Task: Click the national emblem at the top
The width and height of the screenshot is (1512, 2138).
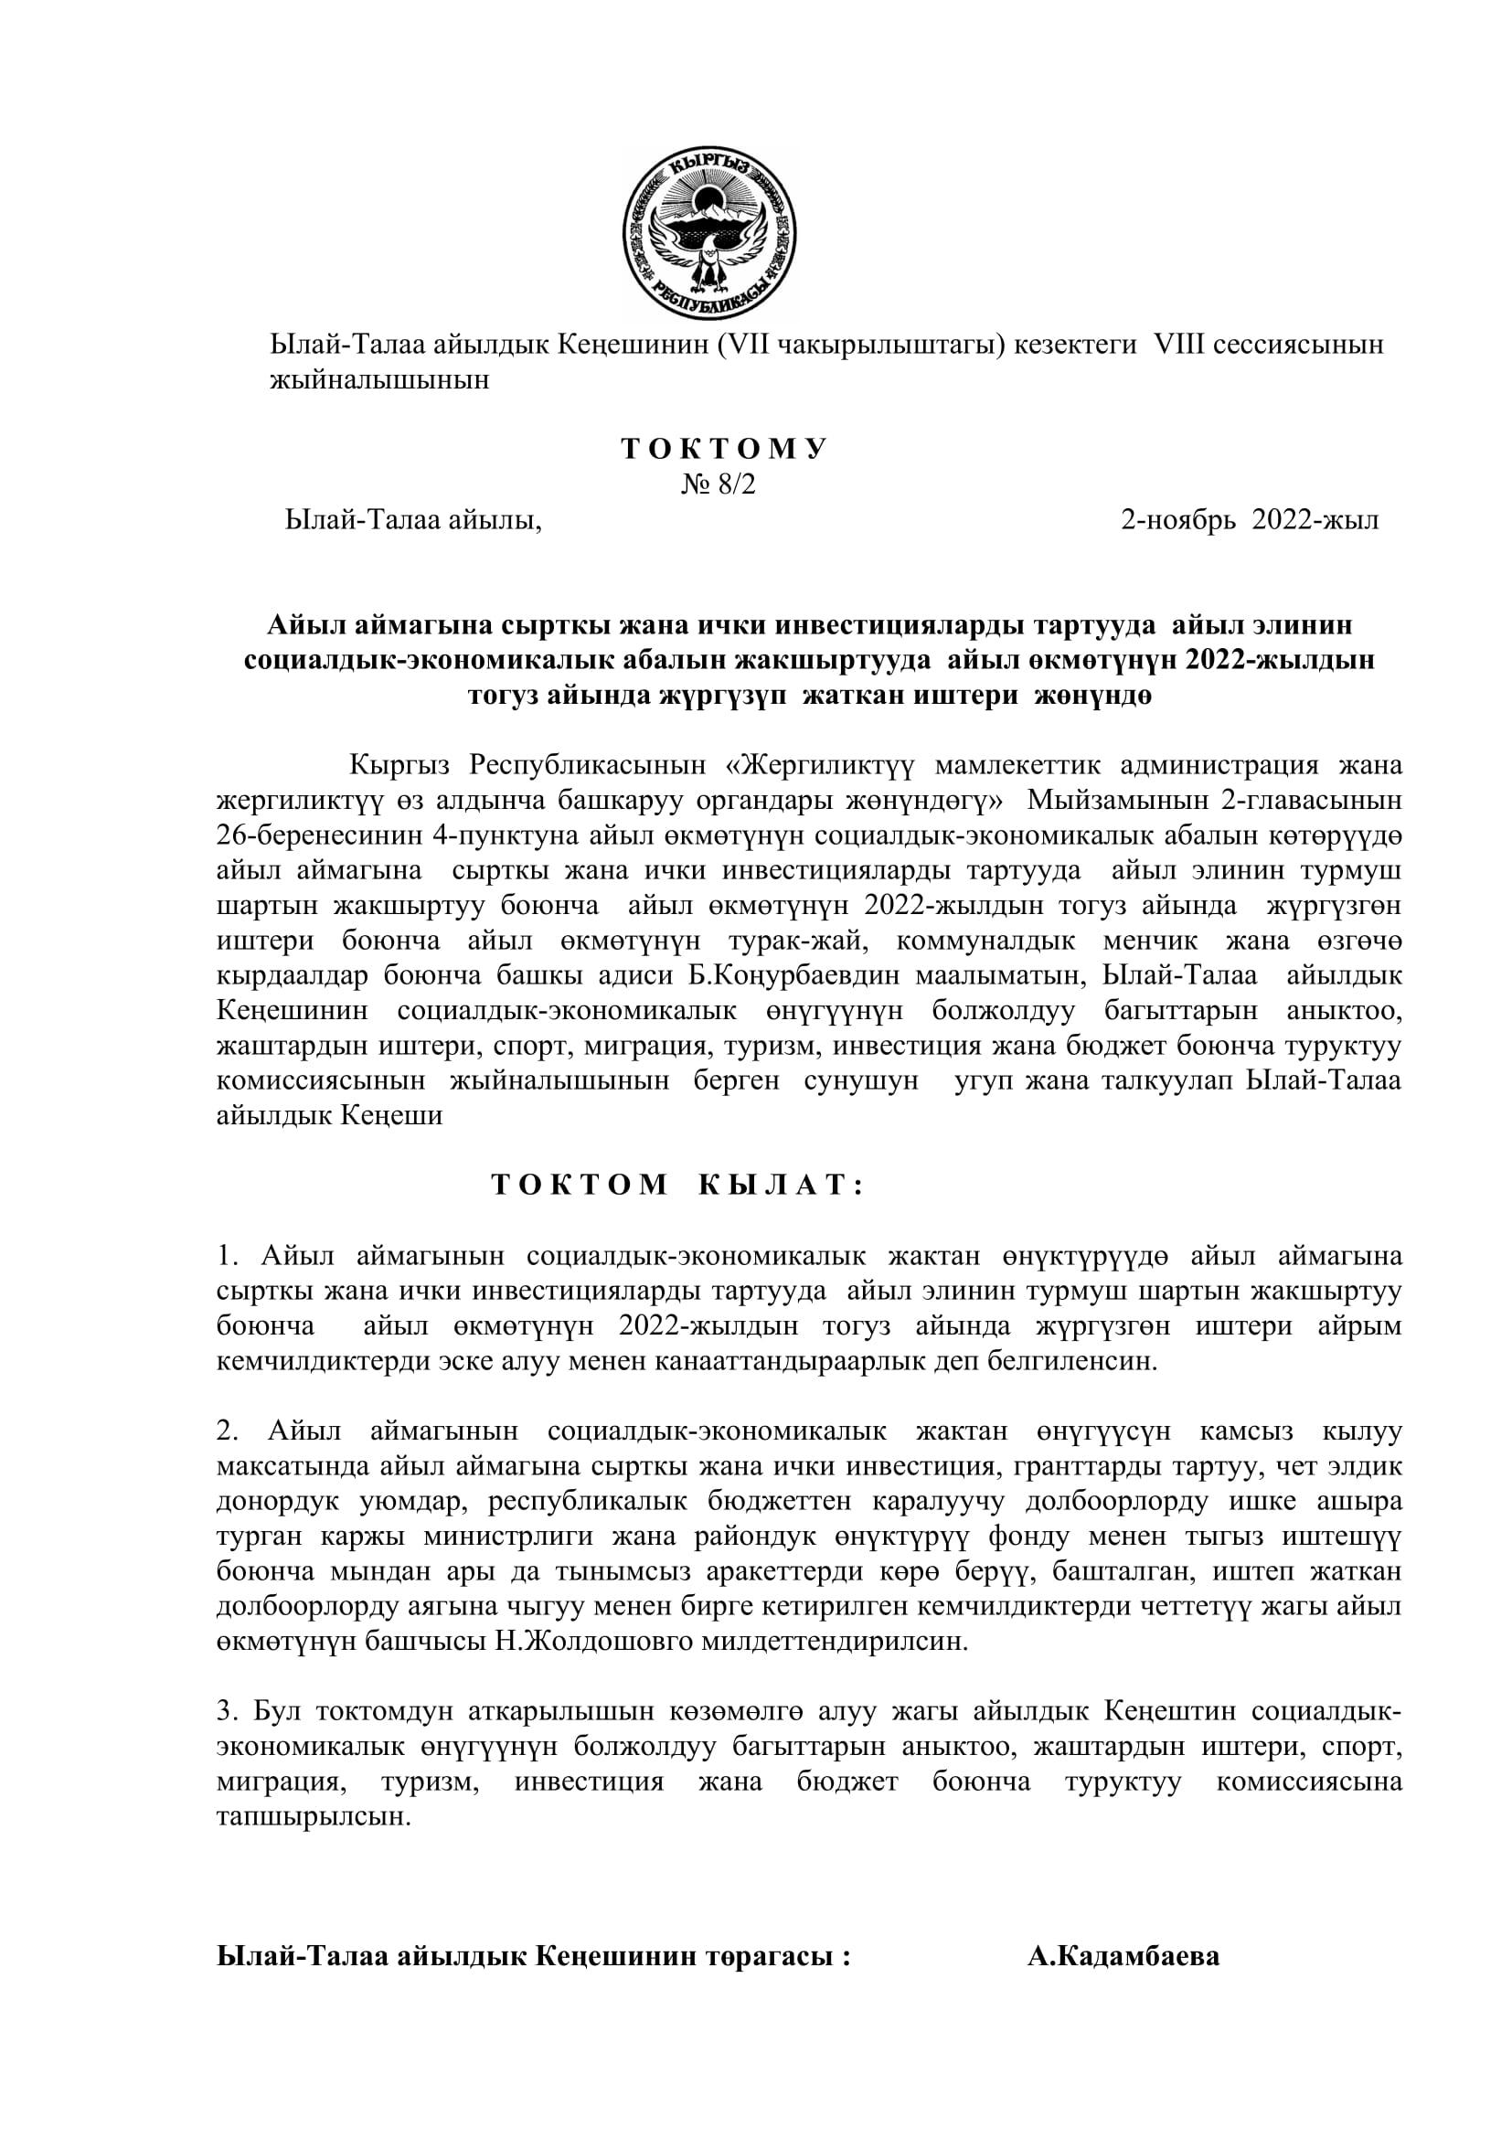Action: click(x=709, y=235)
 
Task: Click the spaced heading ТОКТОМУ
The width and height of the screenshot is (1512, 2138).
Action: click(x=724, y=449)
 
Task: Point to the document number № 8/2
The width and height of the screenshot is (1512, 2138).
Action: click(x=718, y=485)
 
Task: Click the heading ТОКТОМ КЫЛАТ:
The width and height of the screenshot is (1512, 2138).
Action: click(x=678, y=1185)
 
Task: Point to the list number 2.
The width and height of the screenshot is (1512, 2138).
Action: click(x=229, y=1431)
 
